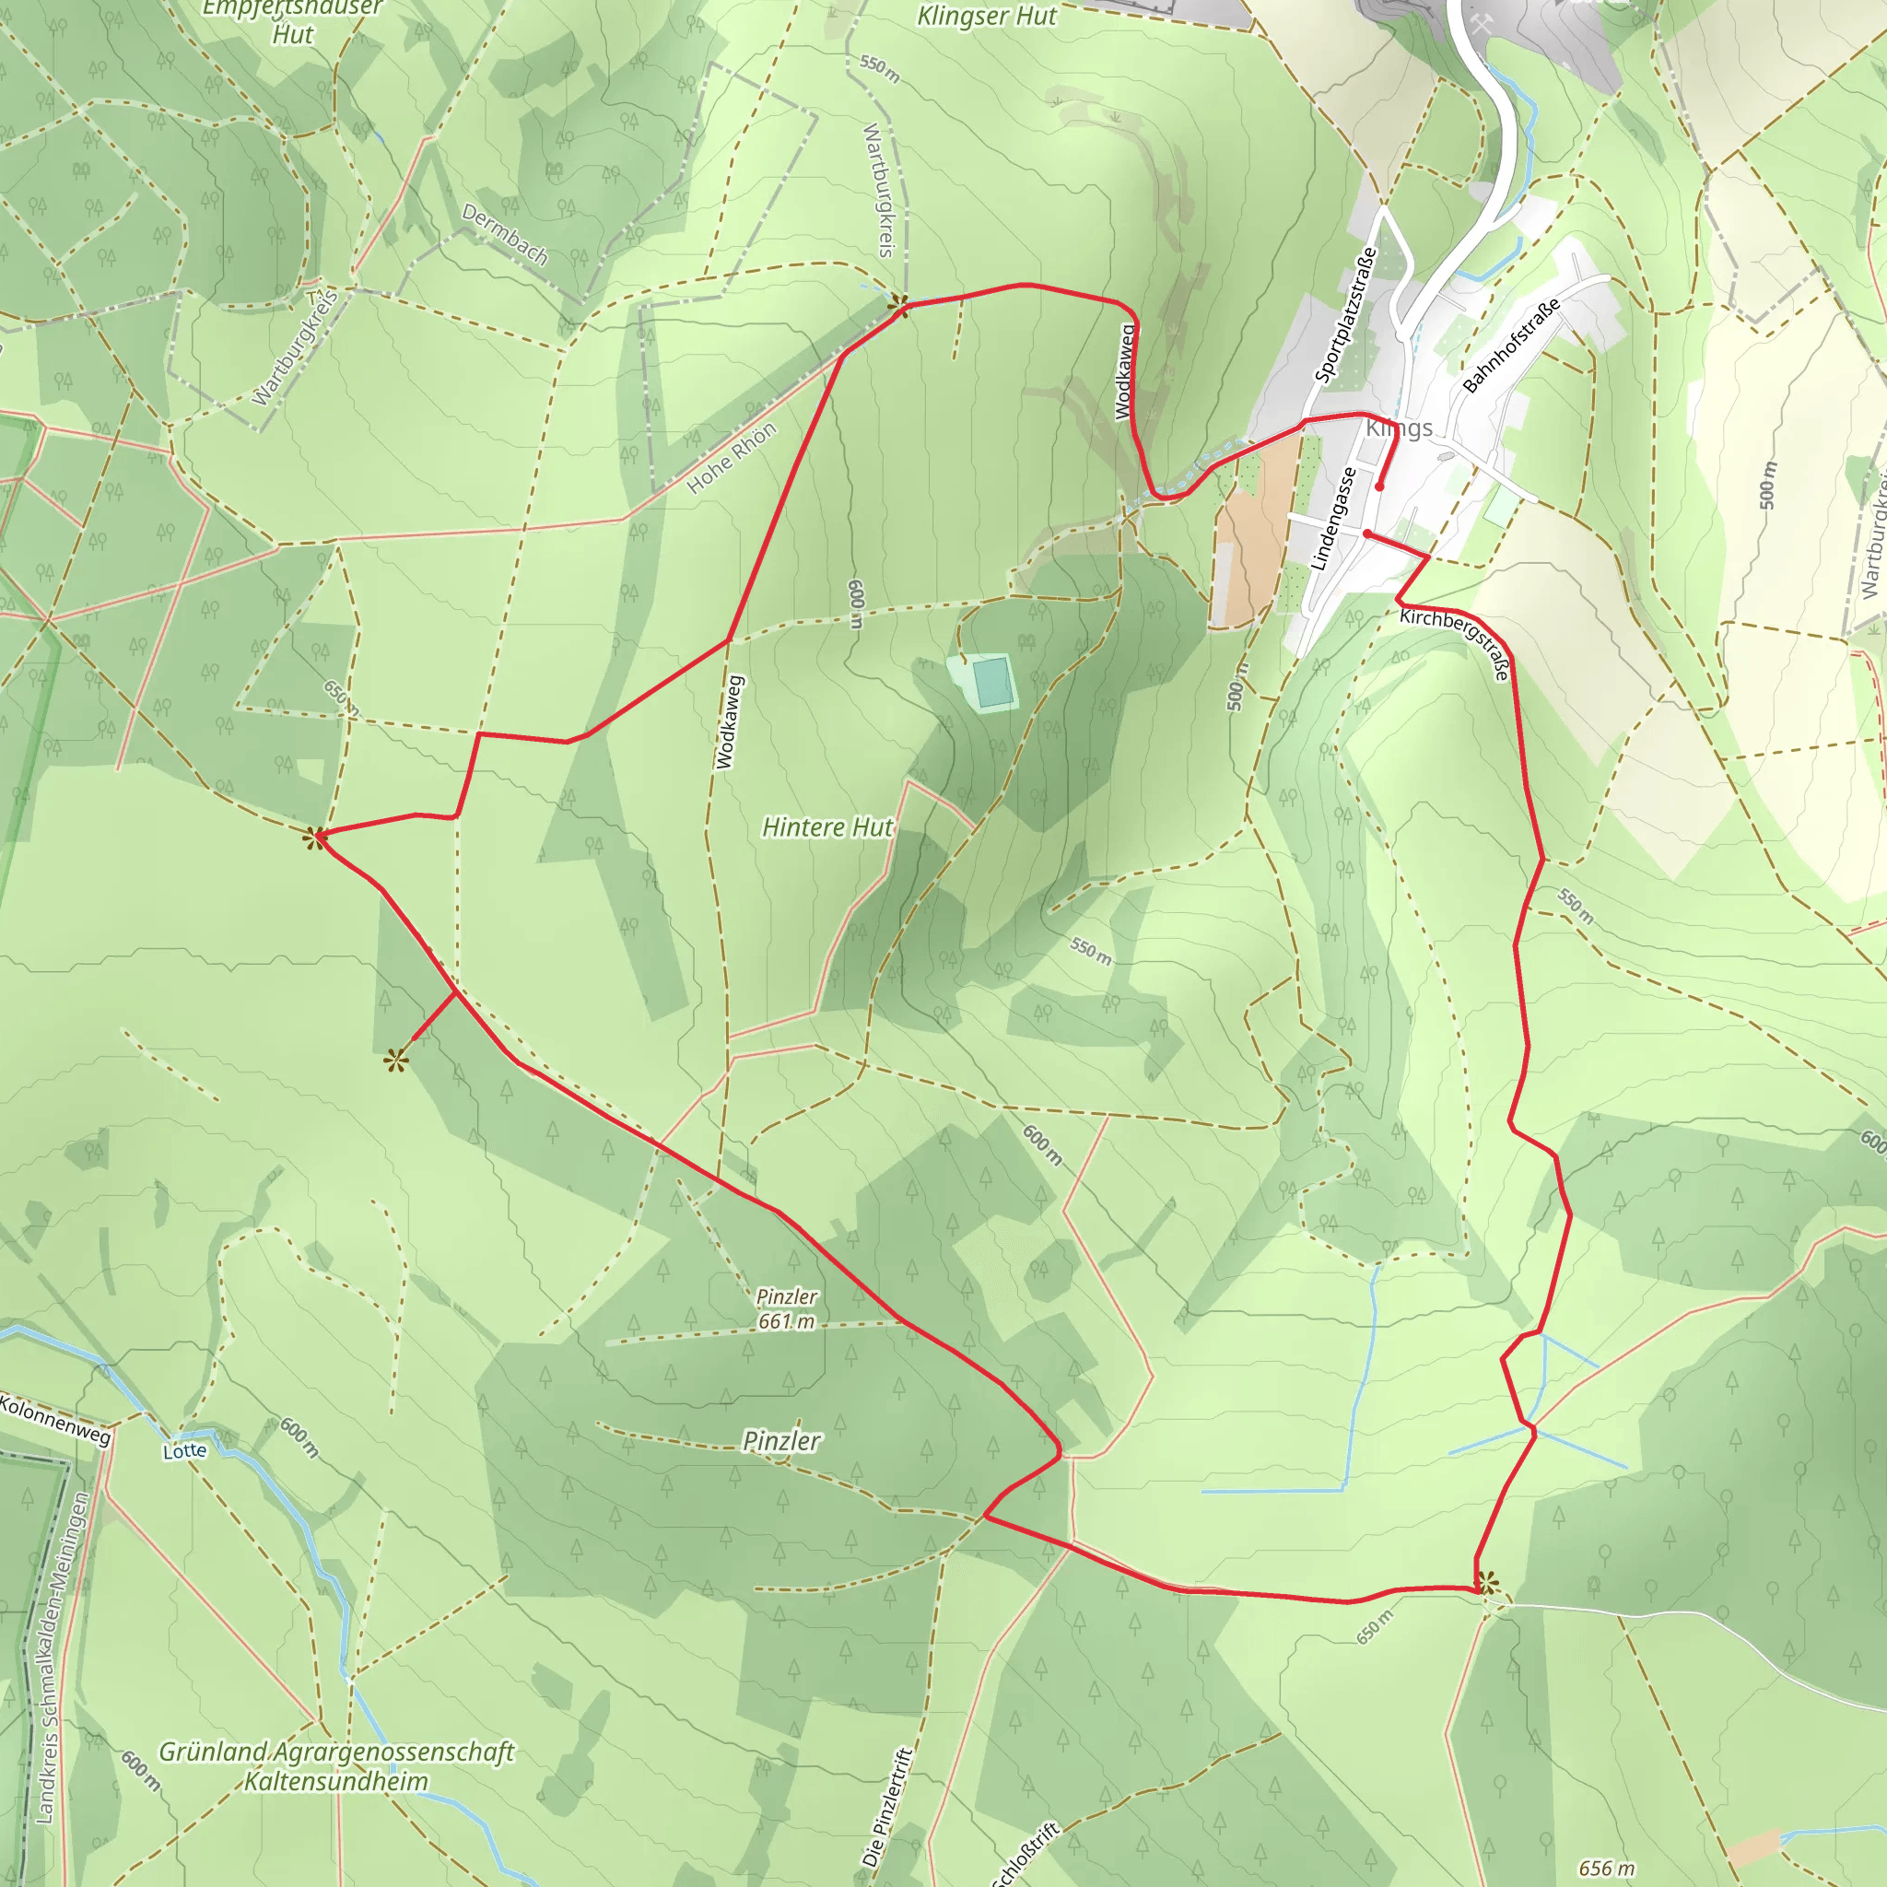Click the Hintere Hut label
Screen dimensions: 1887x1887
(x=826, y=827)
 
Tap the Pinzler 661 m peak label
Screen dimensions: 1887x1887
(x=786, y=1308)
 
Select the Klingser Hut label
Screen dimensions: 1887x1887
(x=987, y=17)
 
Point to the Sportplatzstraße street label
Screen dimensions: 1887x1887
(x=1345, y=315)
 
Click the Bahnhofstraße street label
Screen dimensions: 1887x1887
(x=1510, y=346)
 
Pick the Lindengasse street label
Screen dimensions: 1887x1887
(x=1333, y=519)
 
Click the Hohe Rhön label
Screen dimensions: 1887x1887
(x=732, y=457)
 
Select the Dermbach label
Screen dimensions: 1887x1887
(x=504, y=234)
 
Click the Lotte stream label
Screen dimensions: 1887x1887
(x=184, y=1450)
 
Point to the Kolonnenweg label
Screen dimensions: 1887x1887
(x=55, y=1419)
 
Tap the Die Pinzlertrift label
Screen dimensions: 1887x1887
(x=887, y=1807)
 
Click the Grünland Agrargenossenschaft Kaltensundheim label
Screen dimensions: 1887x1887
(x=336, y=1766)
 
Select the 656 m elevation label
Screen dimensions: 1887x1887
(x=1606, y=1868)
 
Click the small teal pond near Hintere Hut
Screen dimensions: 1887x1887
(x=991, y=682)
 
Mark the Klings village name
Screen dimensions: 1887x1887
(x=1399, y=428)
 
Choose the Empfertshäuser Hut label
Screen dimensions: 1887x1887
(x=292, y=20)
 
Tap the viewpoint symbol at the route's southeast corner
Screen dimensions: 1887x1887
(x=1485, y=1582)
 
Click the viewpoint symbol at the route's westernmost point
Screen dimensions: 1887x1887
(x=314, y=837)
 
